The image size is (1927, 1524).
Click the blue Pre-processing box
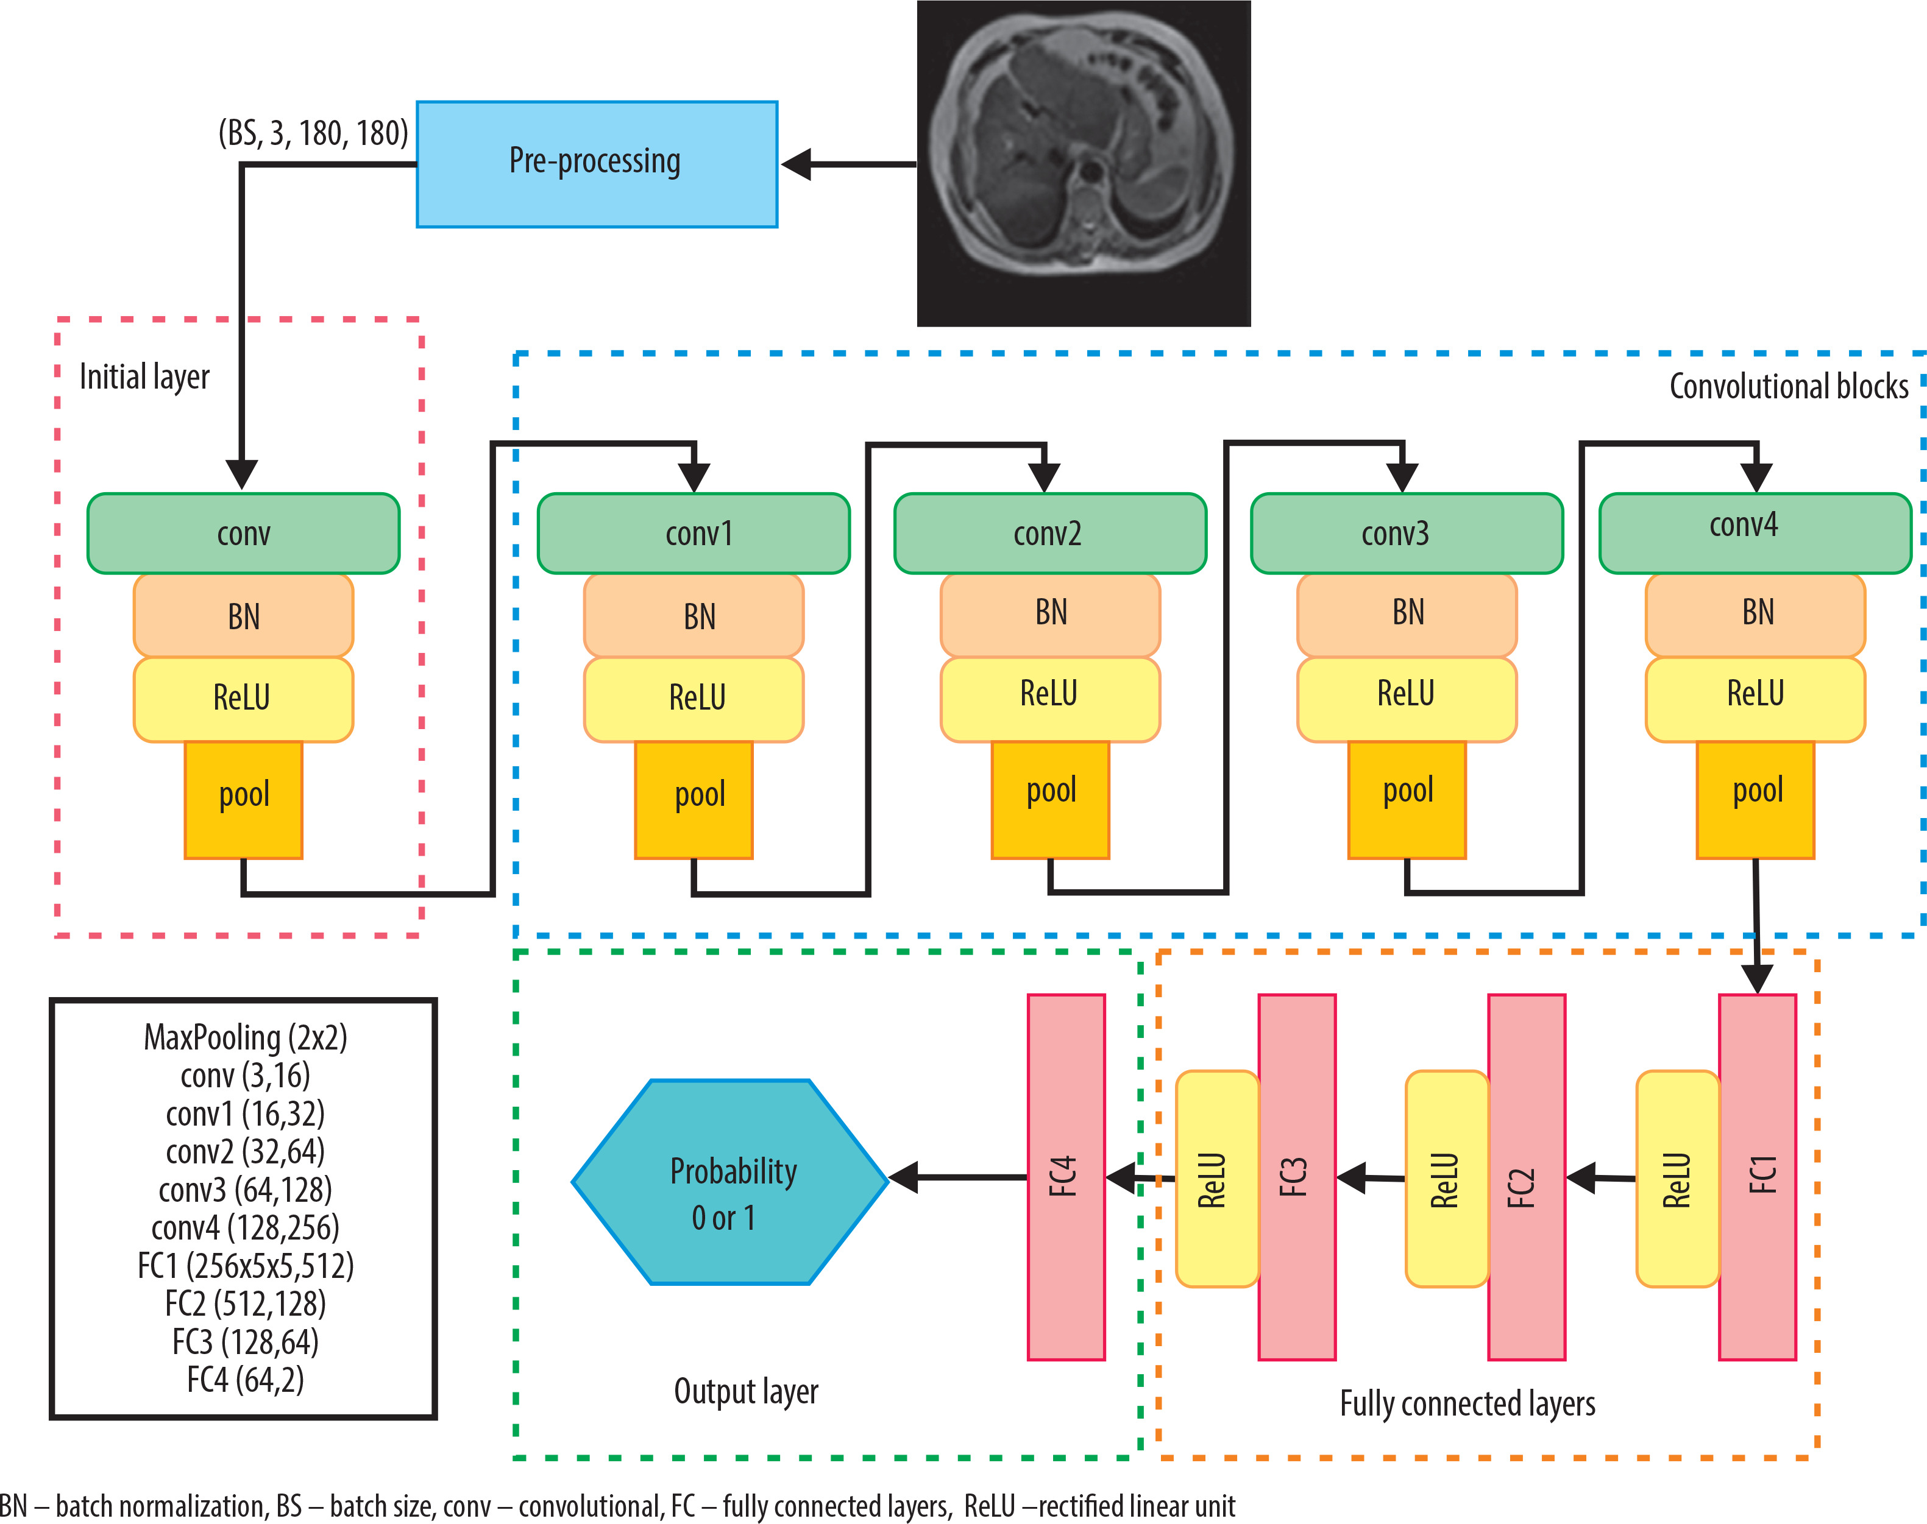pyautogui.click(x=596, y=164)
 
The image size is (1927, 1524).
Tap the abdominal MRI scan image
pyautogui.click(x=1084, y=163)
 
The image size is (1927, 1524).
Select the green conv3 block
pyautogui.click(x=1406, y=534)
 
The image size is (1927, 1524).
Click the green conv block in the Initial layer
pyautogui.click(x=243, y=534)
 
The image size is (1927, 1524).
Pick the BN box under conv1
pyautogui.click(x=694, y=616)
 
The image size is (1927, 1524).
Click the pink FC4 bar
pyautogui.click(x=1066, y=1177)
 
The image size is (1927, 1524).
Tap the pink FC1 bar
pyautogui.click(x=1756, y=1177)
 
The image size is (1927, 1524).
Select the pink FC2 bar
pyautogui.click(x=1526, y=1177)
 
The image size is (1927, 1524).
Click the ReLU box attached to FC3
pyautogui.click(x=1216, y=1179)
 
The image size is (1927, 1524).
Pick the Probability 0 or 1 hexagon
pyautogui.click(x=730, y=1182)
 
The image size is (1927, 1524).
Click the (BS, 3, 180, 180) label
pyautogui.click(x=313, y=133)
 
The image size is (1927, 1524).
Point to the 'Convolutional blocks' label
pyautogui.click(x=1788, y=386)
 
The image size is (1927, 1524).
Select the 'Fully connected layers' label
pyautogui.click(x=1466, y=1403)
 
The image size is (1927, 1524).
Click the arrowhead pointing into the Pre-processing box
pyautogui.click(x=797, y=164)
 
